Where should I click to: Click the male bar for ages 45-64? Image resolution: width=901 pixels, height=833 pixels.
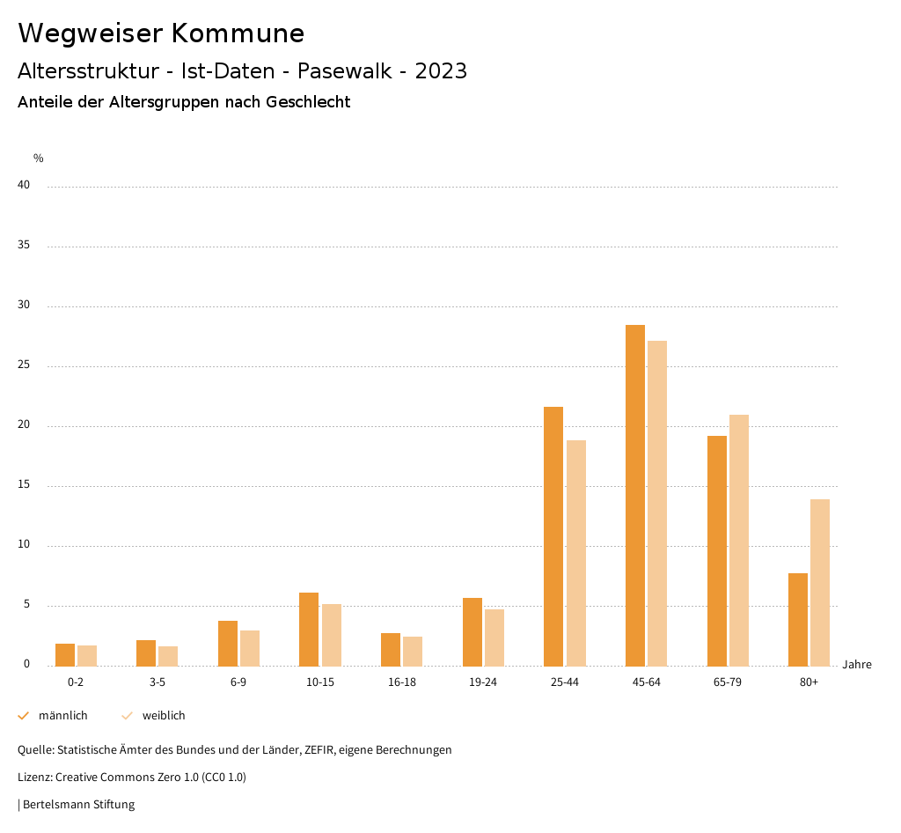click(635, 495)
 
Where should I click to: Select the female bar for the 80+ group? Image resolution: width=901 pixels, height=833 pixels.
click(820, 582)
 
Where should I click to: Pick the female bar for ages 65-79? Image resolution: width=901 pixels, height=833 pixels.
click(739, 540)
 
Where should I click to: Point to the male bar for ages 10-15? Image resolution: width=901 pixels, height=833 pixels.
click(309, 629)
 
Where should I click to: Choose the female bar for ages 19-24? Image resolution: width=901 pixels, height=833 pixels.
click(494, 638)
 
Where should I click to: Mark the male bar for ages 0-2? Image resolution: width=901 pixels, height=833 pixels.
click(65, 654)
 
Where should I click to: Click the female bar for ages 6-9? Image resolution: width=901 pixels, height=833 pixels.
click(250, 648)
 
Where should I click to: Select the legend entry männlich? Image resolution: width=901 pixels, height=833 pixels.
click(62, 716)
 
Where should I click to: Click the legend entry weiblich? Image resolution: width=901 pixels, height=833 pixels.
click(164, 716)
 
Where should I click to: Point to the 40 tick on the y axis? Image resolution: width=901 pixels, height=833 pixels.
click(24, 185)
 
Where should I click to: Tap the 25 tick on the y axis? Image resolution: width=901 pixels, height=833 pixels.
click(24, 365)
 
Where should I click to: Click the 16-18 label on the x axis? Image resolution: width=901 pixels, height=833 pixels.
click(402, 682)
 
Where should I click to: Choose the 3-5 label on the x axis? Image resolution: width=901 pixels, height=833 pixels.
click(157, 682)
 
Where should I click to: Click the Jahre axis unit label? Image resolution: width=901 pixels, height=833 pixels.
click(857, 665)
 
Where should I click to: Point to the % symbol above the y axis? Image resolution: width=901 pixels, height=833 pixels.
click(39, 158)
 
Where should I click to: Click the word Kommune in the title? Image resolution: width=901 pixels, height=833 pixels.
click(238, 33)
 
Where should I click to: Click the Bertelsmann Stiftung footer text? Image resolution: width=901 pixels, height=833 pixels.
click(78, 805)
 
